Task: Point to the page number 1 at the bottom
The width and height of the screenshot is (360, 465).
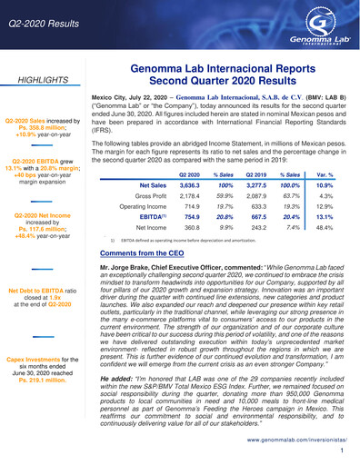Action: coord(342,450)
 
